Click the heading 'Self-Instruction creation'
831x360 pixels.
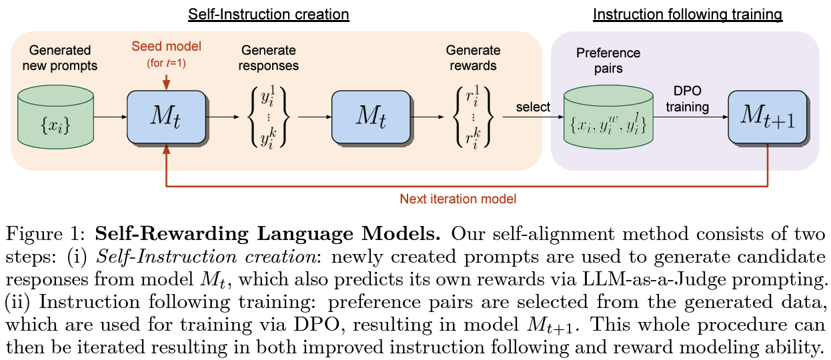point(269,13)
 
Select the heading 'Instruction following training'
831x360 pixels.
point(688,13)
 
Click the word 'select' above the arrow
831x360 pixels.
point(532,107)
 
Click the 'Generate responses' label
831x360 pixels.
point(269,58)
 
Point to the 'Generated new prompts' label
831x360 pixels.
point(60,58)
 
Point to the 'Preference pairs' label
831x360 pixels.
point(608,60)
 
